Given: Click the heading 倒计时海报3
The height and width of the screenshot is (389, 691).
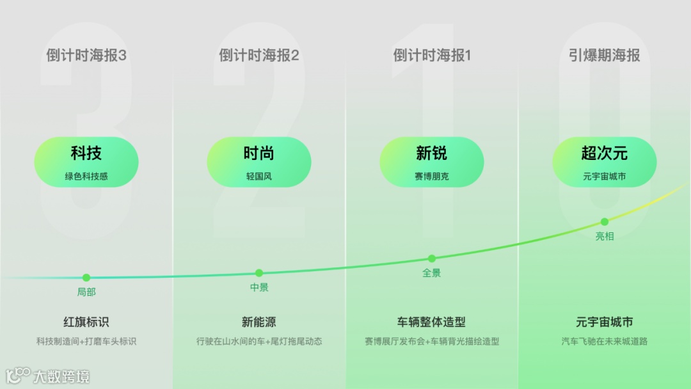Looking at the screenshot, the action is (86, 56).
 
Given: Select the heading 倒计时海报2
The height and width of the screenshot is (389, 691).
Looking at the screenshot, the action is (259, 56).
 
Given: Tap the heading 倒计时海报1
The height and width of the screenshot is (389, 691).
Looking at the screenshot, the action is (432, 56).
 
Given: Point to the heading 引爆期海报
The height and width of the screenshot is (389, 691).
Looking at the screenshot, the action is (605, 56).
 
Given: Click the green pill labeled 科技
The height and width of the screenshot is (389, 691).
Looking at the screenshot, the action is (86, 162).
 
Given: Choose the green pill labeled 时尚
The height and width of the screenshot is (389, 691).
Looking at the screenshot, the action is (259, 162).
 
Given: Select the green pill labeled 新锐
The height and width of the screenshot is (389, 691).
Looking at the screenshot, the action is (432, 162).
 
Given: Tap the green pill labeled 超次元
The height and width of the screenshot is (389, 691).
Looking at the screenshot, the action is (605, 162).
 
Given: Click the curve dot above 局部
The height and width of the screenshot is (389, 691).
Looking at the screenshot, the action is (86, 278).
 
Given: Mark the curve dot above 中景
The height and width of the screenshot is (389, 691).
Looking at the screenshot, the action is (259, 273).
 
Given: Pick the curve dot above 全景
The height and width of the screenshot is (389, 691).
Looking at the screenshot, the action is (432, 258).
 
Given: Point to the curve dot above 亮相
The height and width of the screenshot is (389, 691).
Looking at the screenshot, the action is (605, 222).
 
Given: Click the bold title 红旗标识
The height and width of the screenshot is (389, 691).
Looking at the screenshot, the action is (86, 322).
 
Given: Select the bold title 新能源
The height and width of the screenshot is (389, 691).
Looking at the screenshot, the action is (259, 322).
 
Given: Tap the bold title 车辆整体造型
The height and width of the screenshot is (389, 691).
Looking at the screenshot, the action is (432, 322).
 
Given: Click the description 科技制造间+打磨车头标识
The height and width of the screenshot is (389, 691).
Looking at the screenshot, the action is (86, 342).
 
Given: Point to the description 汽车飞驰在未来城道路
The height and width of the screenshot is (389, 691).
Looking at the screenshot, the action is (605, 342).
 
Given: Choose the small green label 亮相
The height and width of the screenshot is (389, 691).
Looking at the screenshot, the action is (605, 237).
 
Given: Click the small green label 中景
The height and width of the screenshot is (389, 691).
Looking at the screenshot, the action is (259, 288).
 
